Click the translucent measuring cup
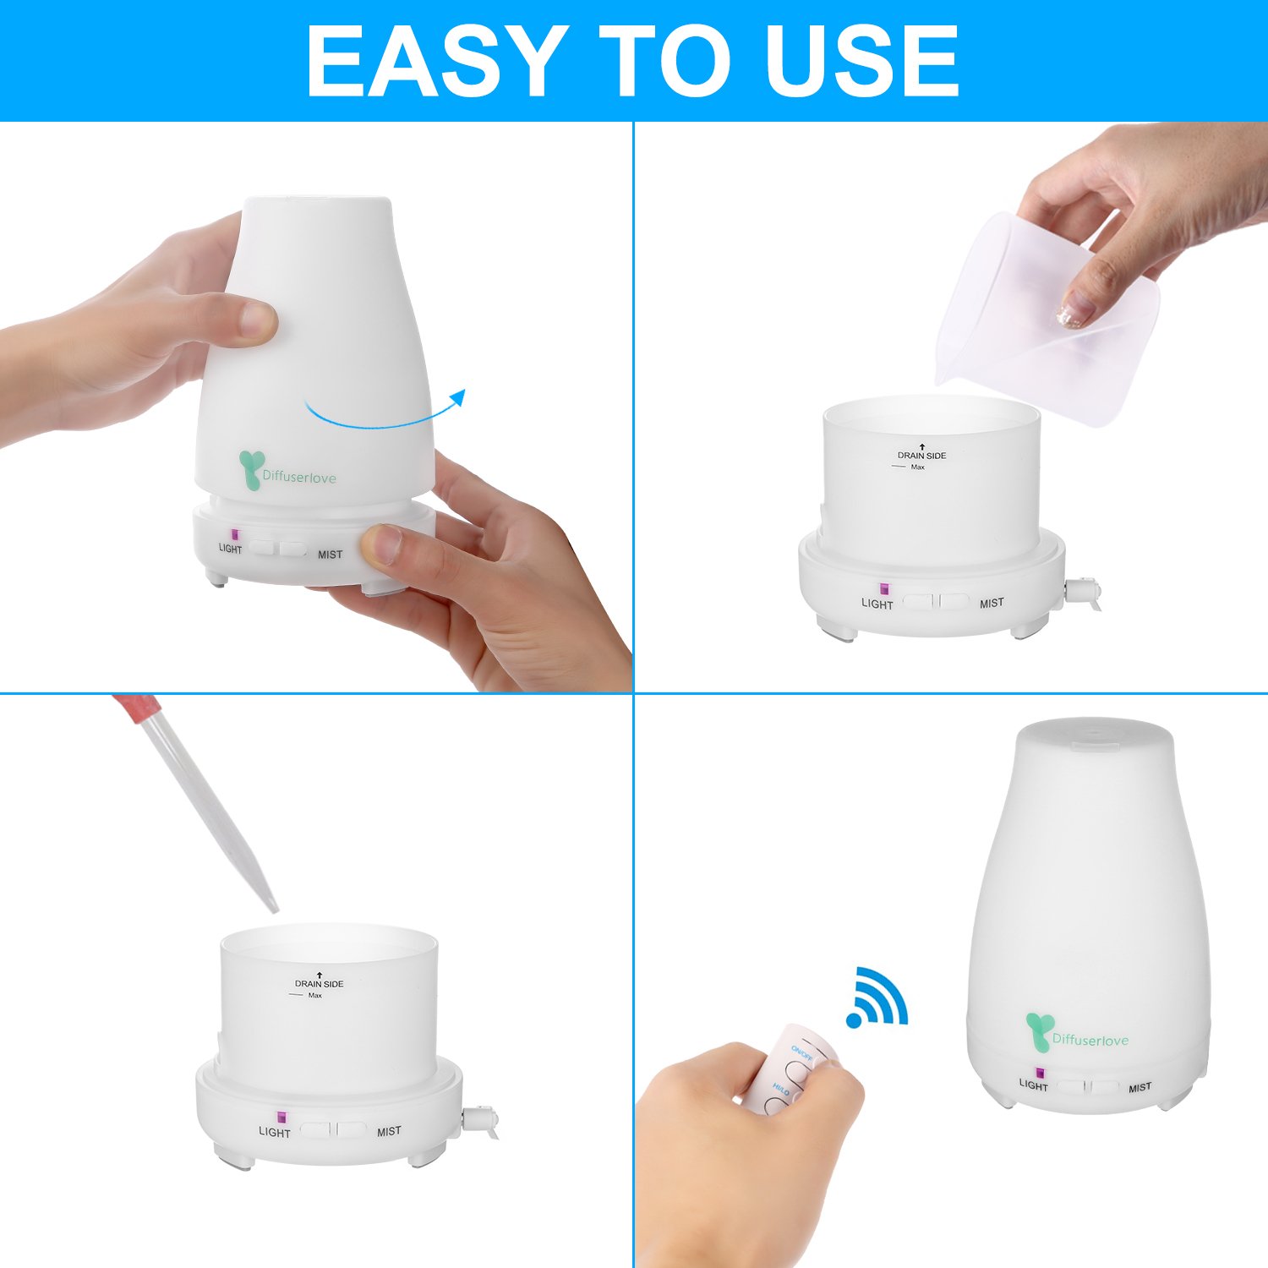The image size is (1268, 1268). click(x=1048, y=321)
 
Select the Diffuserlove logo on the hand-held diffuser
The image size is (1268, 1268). click(x=287, y=473)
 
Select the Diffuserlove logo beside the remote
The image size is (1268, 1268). click(x=1078, y=1036)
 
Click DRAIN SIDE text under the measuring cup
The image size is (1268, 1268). click(x=921, y=456)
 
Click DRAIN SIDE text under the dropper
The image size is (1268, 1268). click(x=319, y=984)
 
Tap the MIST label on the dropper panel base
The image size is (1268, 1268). click(x=389, y=1132)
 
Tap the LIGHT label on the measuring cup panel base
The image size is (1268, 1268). click(x=877, y=604)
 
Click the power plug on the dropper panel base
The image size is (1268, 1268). click(x=484, y=1121)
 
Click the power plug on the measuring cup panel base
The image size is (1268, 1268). click(x=1084, y=590)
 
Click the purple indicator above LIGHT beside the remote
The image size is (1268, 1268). click(x=1039, y=1072)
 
